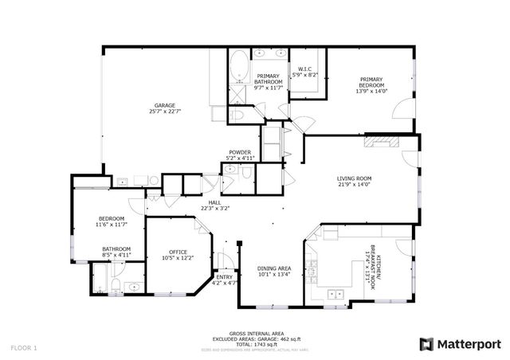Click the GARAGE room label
[165, 106]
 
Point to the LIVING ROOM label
[355, 179]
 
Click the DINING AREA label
[273, 268]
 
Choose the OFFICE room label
[177, 252]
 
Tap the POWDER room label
[240, 152]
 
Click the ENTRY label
[226, 276]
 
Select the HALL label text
[214, 203]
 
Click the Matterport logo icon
[426, 344]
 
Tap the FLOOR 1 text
[24, 348]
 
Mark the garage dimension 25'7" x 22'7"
[165, 112]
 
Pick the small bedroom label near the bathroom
[112, 218]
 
